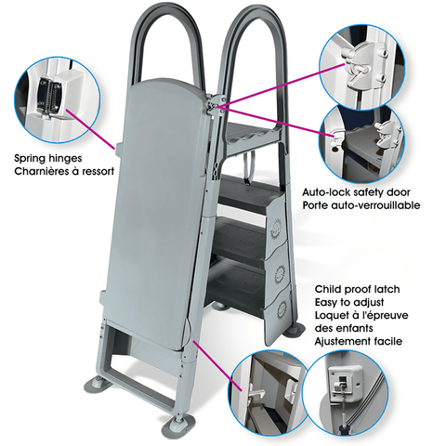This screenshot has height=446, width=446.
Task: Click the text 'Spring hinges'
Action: [x=52, y=158]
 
